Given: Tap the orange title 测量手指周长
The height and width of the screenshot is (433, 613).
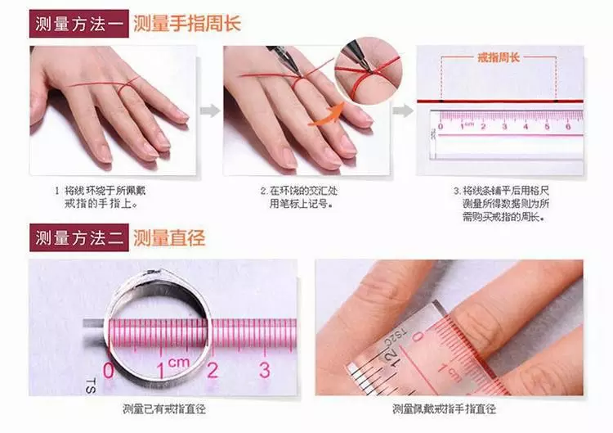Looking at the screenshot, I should point(187,22).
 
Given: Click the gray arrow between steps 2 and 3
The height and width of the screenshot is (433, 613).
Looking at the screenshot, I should point(400,110).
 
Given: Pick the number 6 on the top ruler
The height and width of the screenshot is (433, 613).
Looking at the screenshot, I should point(567,126).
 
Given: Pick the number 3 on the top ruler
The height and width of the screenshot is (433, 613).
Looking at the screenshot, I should point(503,126).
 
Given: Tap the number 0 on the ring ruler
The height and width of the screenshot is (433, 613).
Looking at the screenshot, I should point(109,370).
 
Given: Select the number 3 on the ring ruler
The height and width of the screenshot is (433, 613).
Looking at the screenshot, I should point(264,369).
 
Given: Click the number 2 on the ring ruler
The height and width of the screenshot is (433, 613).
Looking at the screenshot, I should point(212,370).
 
